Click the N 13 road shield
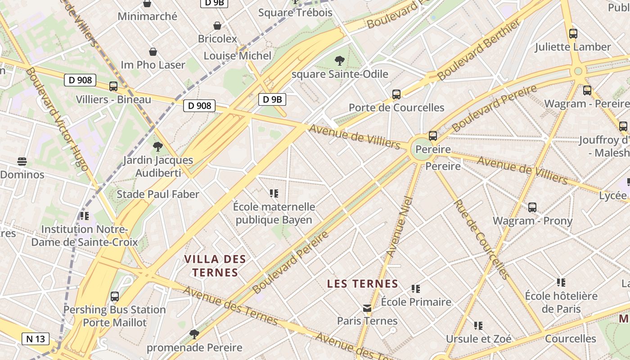pyautogui.click(x=36, y=339)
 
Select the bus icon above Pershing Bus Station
pyautogui.click(x=115, y=297)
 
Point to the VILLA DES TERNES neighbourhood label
pyautogui.click(x=215, y=265)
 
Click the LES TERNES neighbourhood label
pyautogui.click(x=363, y=284)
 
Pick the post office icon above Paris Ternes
pyautogui.click(x=368, y=308)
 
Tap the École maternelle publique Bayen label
pyautogui.click(x=274, y=213)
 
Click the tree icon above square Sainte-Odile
pyautogui.click(x=340, y=60)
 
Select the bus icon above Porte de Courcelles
pyautogui.click(x=396, y=94)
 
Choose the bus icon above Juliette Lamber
pyautogui.click(x=573, y=33)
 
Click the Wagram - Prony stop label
pyautogui.click(x=532, y=221)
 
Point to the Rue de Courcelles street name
pyautogui.click(x=481, y=239)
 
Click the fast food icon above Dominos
pyautogui.click(x=22, y=161)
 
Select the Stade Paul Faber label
pyautogui.click(x=158, y=194)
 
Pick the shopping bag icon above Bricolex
pyautogui.click(x=217, y=26)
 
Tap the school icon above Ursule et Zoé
pyautogui.click(x=478, y=325)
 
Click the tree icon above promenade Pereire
pyautogui.click(x=194, y=334)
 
